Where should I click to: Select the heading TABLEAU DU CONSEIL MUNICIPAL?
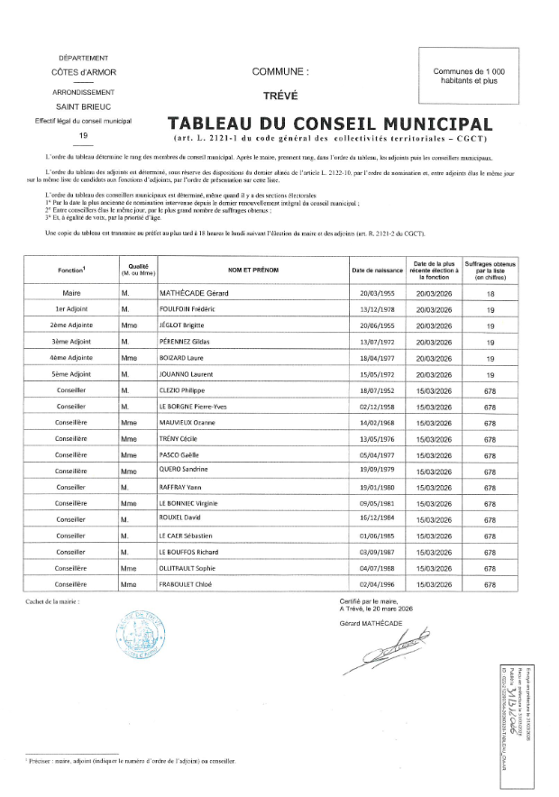click(330, 124)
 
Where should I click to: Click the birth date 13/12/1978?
click(378, 308)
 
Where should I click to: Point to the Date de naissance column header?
click(378, 270)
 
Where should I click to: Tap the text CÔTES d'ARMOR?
click(84, 71)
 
